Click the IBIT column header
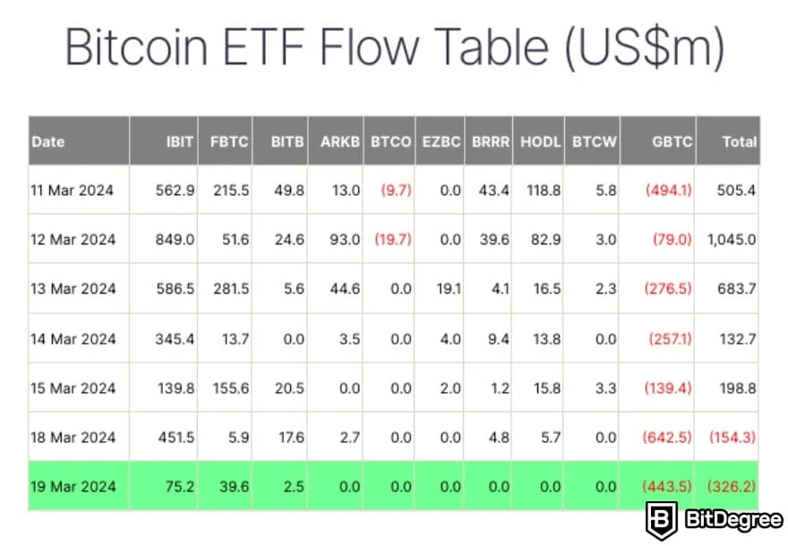coord(179,141)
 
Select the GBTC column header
coord(672,141)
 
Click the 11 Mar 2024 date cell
coord(74,190)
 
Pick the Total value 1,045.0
coord(732,239)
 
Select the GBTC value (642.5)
coord(668,437)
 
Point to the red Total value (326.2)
coord(732,486)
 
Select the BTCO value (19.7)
coord(393,239)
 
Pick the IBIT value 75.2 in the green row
coord(179,486)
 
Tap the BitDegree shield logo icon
coord(662,519)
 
